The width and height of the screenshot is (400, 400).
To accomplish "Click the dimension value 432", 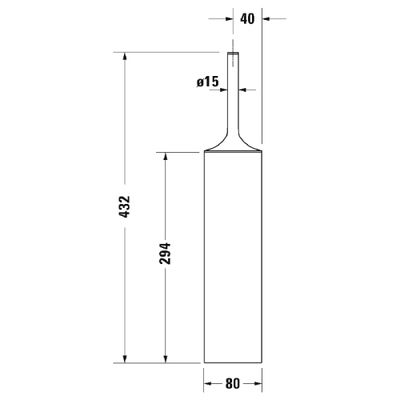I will [x=124, y=207].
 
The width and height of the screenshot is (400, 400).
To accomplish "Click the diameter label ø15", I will [x=207, y=81].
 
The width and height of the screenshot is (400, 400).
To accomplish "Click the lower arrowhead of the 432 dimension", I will [x=124, y=357].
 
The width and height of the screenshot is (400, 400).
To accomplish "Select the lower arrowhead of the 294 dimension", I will [x=165, y=357].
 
